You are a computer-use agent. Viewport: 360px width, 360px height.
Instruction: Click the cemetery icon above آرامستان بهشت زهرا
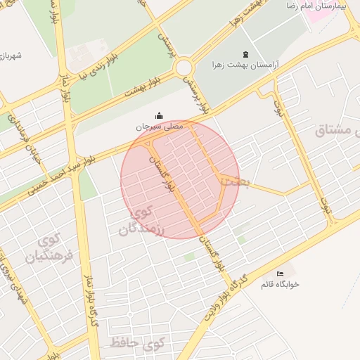point(245,55)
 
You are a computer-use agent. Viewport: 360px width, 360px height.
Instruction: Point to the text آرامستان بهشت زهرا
point(245,65)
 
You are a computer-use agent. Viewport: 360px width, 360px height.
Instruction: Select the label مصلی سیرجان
point(160,127)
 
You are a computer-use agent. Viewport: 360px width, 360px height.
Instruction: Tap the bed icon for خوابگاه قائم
point(281,274)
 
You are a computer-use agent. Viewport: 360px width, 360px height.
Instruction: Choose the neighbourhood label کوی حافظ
point(136,344)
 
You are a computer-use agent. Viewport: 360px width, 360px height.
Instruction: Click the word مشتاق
point(337,129)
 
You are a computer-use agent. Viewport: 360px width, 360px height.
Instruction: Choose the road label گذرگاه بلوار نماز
point(91,296)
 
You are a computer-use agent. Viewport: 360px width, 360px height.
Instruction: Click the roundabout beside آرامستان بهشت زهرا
point(185,68)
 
